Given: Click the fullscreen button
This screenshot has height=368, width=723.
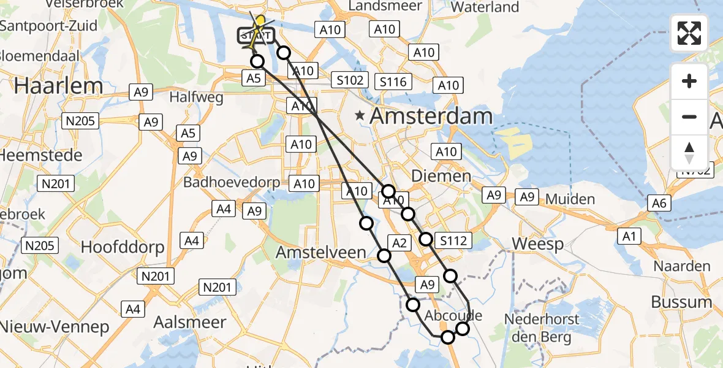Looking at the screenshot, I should (689, 33).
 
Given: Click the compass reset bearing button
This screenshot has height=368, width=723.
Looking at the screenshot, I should (689, 153).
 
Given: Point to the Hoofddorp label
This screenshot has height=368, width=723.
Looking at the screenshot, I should (123, 247).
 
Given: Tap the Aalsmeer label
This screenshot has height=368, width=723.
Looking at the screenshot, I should (190, 322).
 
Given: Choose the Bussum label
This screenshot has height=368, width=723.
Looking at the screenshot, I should (681, 302).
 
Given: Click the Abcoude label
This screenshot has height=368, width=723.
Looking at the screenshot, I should (453, 316).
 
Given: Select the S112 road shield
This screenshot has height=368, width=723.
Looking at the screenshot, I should (453, 241).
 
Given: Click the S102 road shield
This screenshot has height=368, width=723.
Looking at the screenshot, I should (350, 80).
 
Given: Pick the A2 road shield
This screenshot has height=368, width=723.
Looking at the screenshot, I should (399, 243).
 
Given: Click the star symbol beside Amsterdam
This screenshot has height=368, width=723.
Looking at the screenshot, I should (360, 115).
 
